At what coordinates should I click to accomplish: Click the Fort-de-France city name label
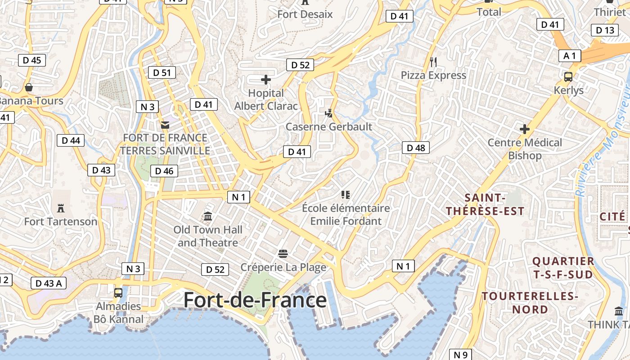[255, 300]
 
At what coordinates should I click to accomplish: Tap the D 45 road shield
[32, 60]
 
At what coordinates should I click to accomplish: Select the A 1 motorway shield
[569, 56]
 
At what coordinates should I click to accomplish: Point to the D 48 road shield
[415, 148]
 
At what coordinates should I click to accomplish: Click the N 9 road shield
[460, 355]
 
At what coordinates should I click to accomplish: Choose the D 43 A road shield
[49, 283]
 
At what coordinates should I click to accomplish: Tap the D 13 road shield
[604, 31]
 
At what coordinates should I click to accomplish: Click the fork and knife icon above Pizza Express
[433, 62]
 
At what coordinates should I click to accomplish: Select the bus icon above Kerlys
[568, 77]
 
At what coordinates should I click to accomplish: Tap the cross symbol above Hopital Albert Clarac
[266, 80]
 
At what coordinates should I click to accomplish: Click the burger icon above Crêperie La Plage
[283, 254]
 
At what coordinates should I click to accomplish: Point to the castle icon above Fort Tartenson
[61, 208]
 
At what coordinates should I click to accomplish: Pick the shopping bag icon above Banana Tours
[29, 87]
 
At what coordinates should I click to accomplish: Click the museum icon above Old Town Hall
[208, 216]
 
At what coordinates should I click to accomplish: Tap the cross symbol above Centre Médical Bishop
[525, 130]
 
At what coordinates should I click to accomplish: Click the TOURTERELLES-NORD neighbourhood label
[530, 303]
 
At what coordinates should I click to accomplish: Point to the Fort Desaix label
[305, 14]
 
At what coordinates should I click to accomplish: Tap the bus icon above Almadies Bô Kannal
[118, 293]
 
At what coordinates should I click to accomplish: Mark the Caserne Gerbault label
[329, 127]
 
